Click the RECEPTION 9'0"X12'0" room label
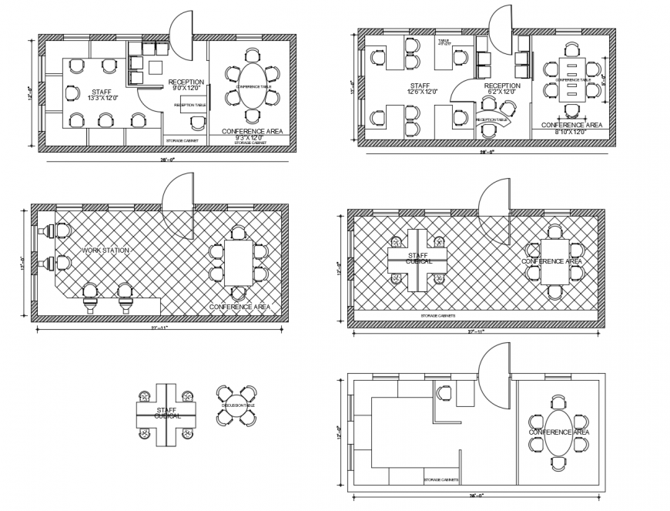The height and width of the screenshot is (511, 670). [186, 85]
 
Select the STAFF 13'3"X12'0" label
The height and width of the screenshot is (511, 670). [102, 94]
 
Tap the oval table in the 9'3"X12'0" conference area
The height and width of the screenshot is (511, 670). [253, 86]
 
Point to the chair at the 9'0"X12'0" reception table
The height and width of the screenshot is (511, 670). [197, 123]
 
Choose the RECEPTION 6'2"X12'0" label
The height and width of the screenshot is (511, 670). [501, 89]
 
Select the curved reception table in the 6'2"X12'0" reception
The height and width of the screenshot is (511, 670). [491, 119]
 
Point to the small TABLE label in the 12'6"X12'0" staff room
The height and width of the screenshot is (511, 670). [444, 42]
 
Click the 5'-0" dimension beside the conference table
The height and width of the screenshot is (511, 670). [604, 78]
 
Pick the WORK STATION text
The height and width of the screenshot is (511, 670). [106, 250]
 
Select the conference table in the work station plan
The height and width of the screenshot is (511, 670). [239, 263]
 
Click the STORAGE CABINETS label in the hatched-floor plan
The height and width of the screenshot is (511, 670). [437, 315]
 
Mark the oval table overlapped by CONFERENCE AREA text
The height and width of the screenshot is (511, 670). [559, 432]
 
